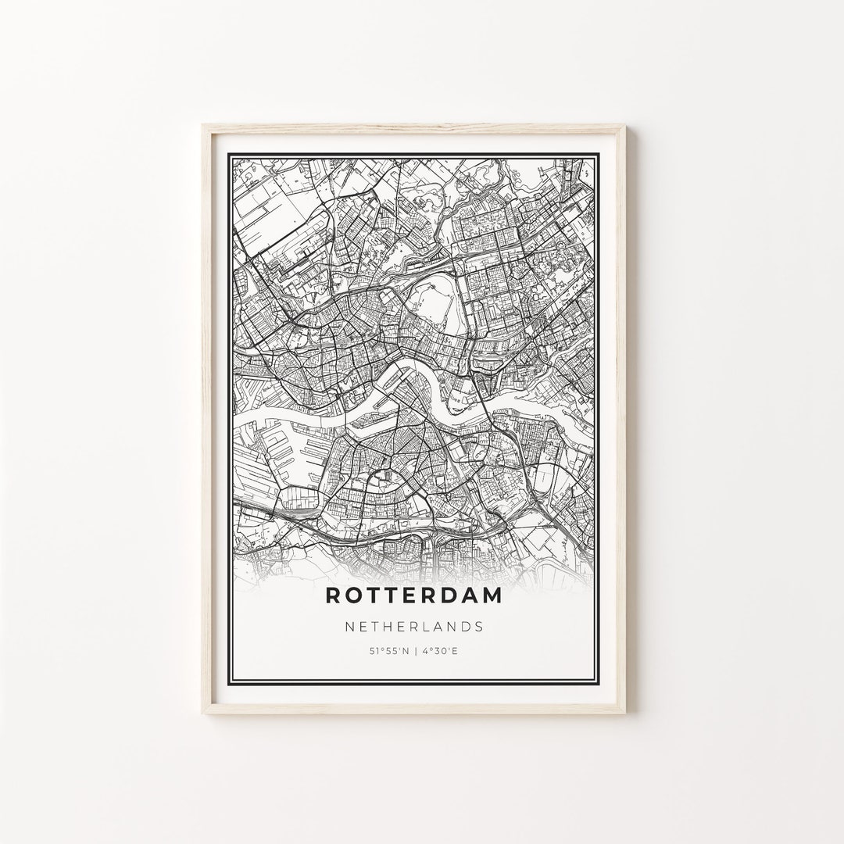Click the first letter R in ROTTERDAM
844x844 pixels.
[334, 595]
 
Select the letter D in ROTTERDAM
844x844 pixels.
[459, 595]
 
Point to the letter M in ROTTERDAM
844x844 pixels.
[510, 595]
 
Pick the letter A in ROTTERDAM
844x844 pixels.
[484, 595]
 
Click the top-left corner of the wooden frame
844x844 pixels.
[204, 125]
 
